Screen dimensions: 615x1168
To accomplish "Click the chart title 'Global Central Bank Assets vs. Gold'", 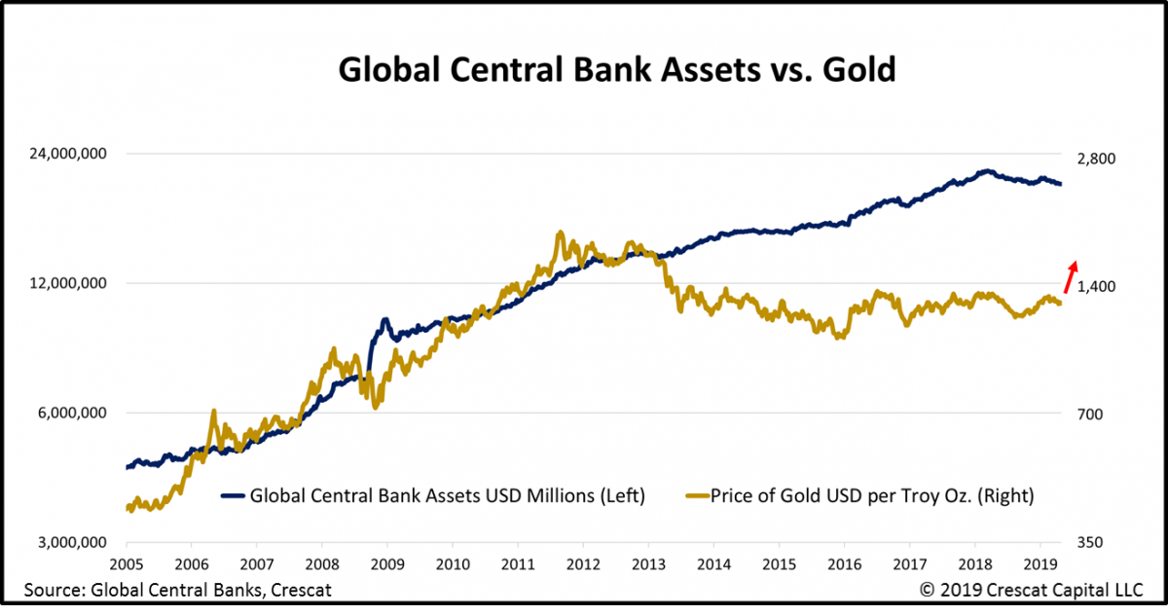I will click(x=616, y=70).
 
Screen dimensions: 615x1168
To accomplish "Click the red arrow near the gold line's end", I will click(x=1070, y=276).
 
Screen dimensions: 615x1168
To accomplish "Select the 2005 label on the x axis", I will click(x=127, y=564).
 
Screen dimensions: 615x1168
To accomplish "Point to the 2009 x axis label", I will click(x=387, y=564).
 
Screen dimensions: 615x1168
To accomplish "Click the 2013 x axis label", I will click(x=648, y=564).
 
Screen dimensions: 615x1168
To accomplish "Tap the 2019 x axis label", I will click(x=1039, y=564).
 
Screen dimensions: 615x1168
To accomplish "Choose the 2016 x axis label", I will click(x=844, y=564).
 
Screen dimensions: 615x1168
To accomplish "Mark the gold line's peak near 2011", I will click(x=560, y=233).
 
